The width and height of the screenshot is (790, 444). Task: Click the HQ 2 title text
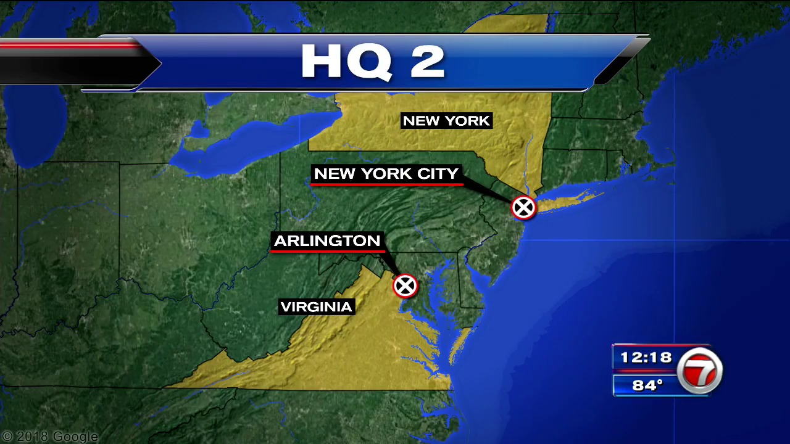pos(373,62)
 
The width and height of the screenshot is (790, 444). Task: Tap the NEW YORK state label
pos(446,121)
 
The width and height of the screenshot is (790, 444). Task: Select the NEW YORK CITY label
pos(386,174)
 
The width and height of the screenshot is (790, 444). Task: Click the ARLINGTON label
pos(327,240)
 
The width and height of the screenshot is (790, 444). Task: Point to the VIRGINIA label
pos(316,306)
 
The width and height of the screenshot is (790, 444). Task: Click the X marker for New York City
pos(523,208)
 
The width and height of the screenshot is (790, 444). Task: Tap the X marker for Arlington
pos(405,286)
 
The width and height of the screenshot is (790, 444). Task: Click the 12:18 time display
pos(646,357)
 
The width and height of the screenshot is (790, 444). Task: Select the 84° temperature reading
pos(647,385)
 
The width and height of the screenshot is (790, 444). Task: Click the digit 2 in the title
pos(427,62)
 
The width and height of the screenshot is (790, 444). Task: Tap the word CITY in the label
pos(438,174)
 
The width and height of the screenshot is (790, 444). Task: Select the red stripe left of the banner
pos(68,44)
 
